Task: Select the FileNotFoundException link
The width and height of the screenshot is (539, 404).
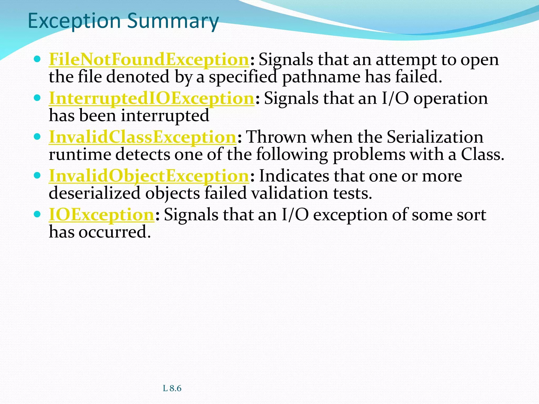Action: point(149,59)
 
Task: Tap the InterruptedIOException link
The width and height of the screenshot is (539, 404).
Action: point(152,98)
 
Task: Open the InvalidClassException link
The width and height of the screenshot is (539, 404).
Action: point(142,137)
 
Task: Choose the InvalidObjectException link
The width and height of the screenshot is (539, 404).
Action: point(149,176)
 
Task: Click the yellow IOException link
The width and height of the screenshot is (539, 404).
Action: point(102,215)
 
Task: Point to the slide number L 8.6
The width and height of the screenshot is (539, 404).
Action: point(172,388)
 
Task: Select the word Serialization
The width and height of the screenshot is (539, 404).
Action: point(435,137)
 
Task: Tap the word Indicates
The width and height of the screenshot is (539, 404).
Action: point(294,176)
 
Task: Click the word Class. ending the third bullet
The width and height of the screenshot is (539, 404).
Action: point(482,154)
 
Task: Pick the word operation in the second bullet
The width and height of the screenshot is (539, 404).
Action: point(451,98)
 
